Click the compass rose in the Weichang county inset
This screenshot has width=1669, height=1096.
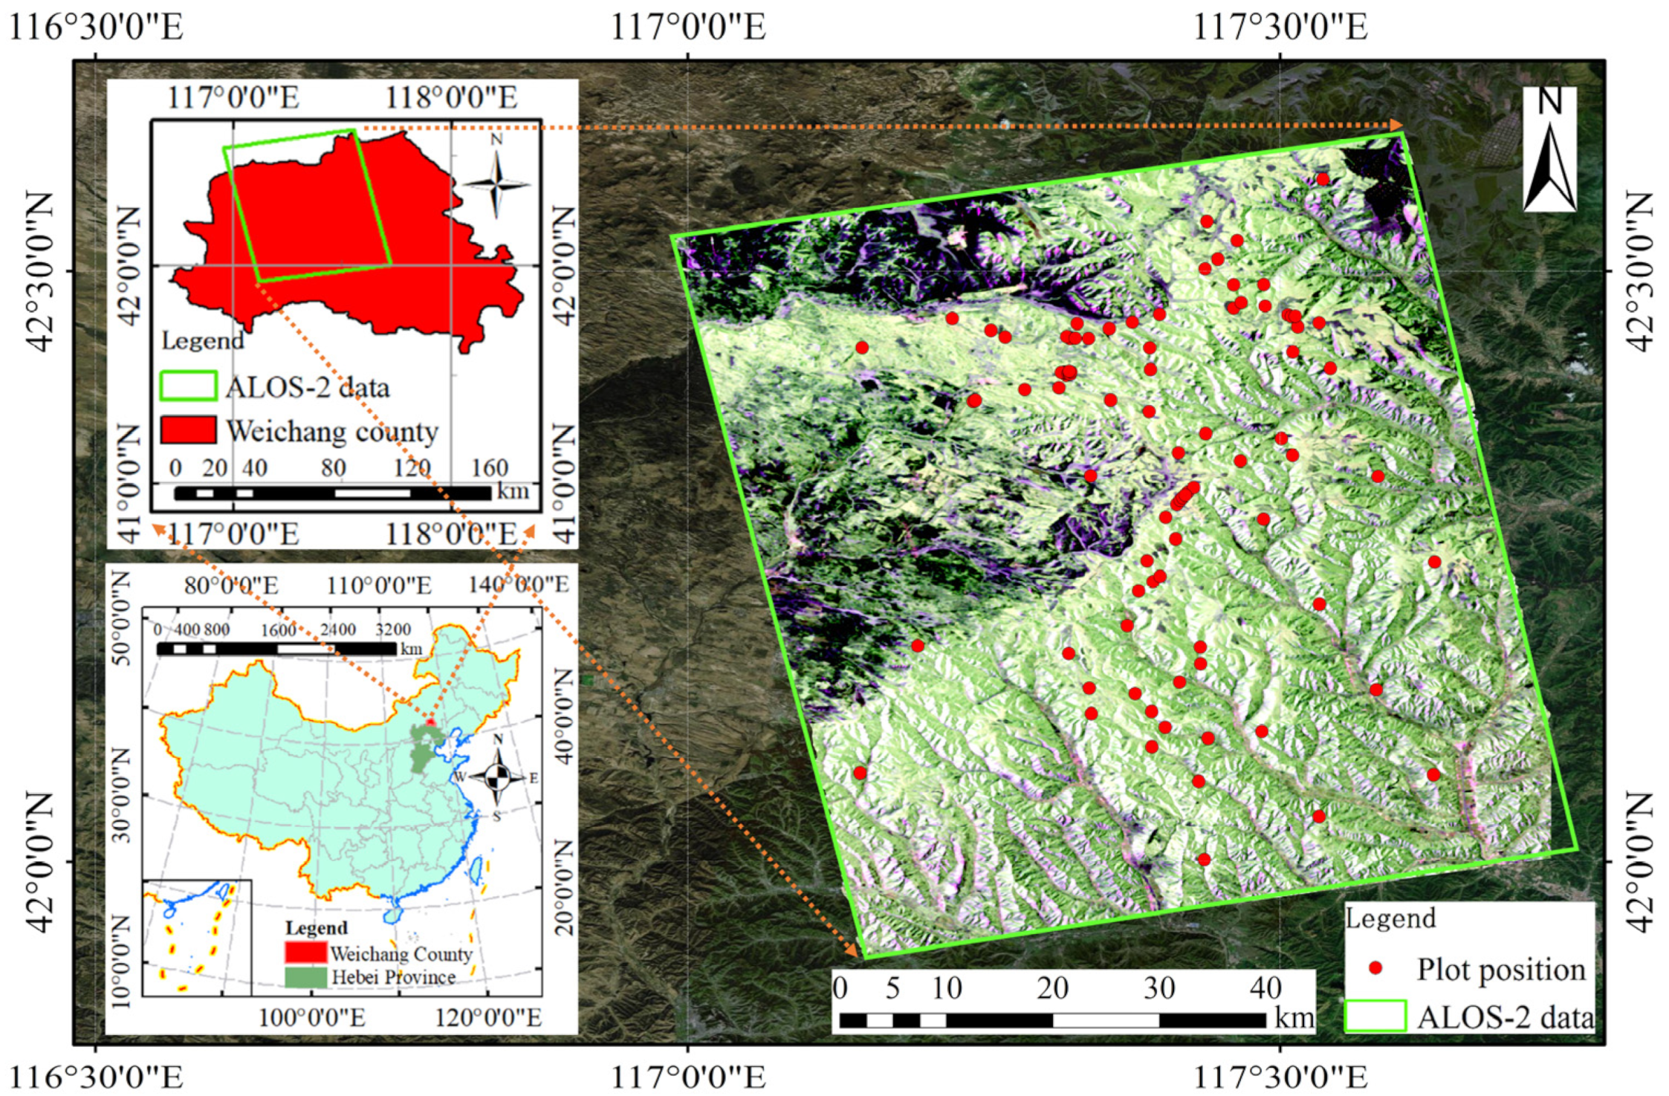click(496, 183)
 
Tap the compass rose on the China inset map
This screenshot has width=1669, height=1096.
click(498, 776)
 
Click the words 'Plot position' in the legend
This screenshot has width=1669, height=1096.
click(1500, 969)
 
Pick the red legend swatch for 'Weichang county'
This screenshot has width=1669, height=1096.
click(189, 430)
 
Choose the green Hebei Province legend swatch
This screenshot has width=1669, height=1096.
click(305, 977)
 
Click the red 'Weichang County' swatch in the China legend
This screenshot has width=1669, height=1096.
click(305, 952)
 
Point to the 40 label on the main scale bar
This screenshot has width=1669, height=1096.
click(1265, 988)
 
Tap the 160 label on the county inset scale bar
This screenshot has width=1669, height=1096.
click(489, 467)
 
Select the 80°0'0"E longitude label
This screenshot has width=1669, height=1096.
click(231, 586)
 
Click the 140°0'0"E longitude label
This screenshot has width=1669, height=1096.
click(518, 585)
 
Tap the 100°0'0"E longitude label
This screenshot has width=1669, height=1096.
click(311, 1017)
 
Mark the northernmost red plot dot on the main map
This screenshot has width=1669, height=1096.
click(1322, 179)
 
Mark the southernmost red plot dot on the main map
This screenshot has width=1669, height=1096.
click(1205, 860)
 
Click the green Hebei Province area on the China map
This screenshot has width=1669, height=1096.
click(424, 747)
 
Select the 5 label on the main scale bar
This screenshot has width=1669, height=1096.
click(892, 988)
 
